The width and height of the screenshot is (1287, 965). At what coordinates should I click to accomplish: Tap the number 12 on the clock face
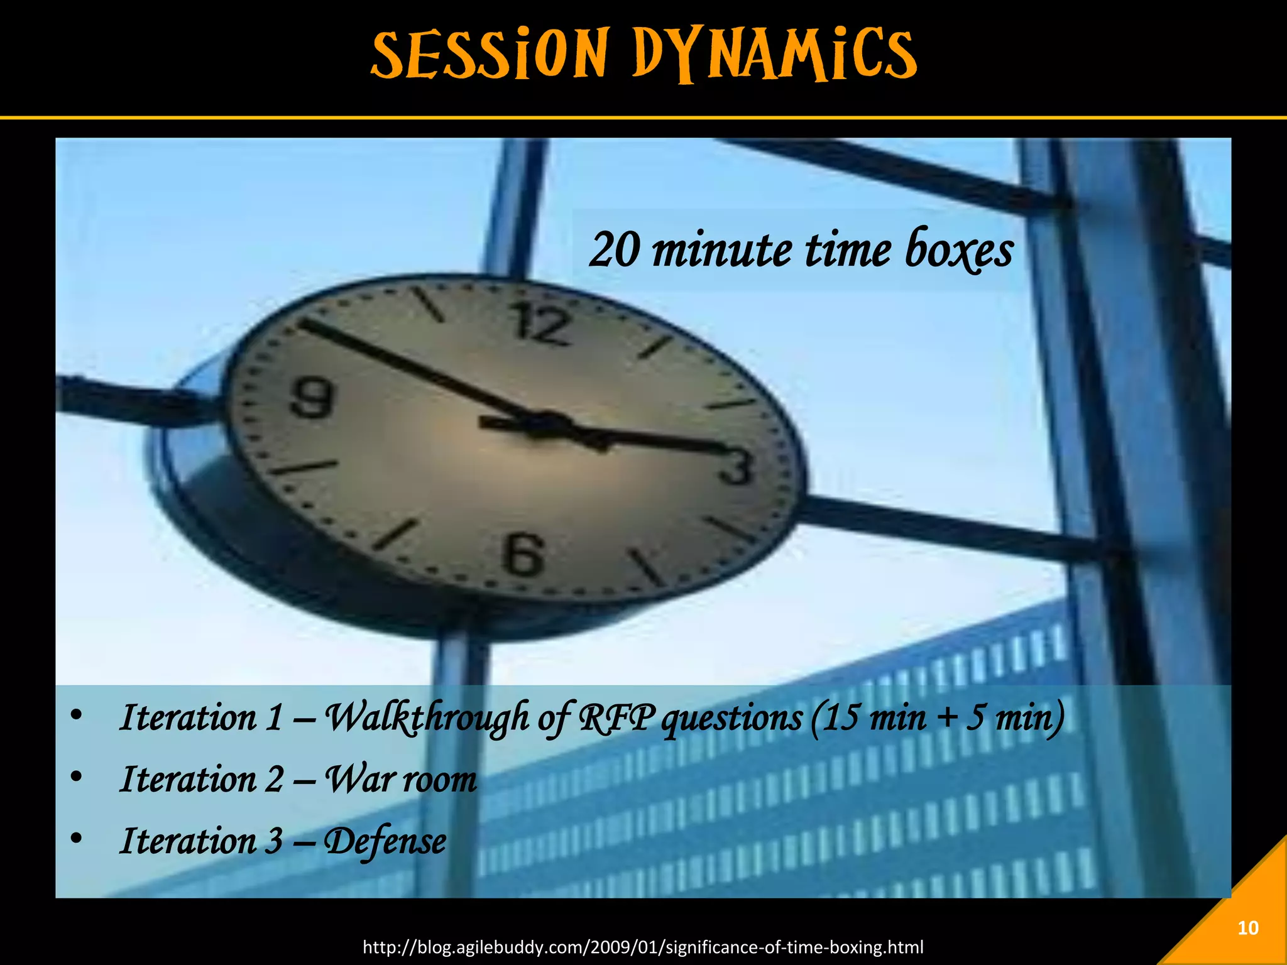tap(540, 324)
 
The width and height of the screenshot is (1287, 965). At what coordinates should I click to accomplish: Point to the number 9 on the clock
tap(312, 398)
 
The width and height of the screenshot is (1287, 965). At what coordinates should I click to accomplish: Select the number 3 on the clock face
tap(737, 467)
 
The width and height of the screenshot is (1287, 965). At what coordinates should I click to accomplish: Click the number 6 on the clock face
tap(523, 554)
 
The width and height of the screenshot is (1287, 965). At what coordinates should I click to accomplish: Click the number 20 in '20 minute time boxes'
tap(616, 250)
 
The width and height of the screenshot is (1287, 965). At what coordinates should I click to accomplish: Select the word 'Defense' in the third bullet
tap(385, 841)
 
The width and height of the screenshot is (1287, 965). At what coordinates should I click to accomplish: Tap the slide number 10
tap(1247, 928)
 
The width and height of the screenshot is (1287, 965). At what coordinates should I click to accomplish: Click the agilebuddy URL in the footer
tap(643, 947)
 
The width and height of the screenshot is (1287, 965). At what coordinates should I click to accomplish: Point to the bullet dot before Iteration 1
tap(76, 715)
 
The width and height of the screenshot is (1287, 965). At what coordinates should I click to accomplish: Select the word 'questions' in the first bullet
tap(732, 717)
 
